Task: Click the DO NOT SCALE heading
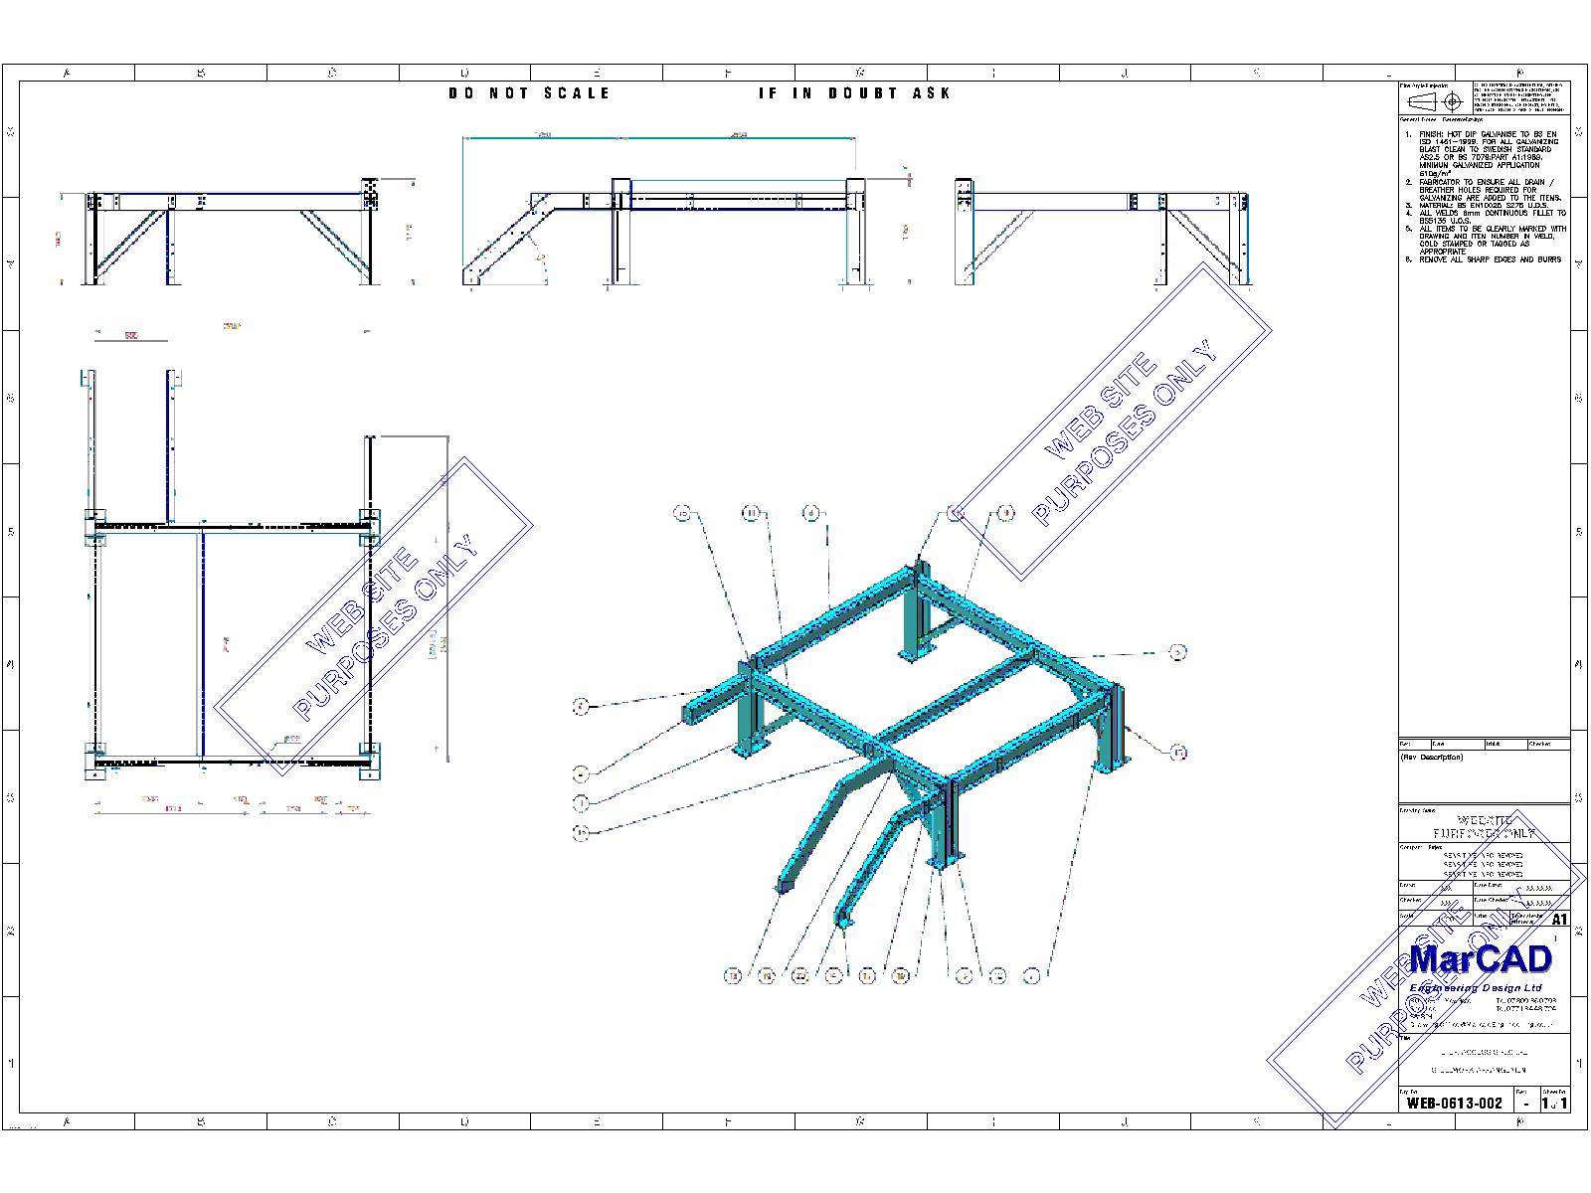coord(529,92)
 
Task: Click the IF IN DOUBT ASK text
coord(854,92)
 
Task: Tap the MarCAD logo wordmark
coord(1481,959)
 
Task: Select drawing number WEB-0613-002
coord(1455,1103)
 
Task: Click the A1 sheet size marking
coord(1559,920)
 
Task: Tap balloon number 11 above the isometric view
coord(752,513)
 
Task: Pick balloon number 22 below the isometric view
coord(799,976)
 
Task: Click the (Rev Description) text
coord(1432,758)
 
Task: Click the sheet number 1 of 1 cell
coord(1555,1103)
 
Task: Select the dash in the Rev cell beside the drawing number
coord(1526,1104)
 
